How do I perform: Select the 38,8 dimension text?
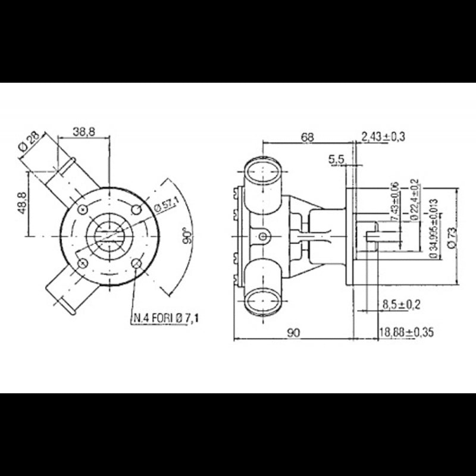pyautogui.click(x=84, y=132)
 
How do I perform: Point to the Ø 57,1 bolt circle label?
pyautogui.click(x=167, y=206)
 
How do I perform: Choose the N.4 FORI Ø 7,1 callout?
pyautogui.click(x=166, y=320)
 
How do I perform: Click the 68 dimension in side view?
pyautogui.click(x=306, y=137)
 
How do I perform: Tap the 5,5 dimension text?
pyautogui.click(x=336, y=159)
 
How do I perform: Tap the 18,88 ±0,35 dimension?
pyautogui.click(x=406, y=333)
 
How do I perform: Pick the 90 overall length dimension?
pyautogui.click(x=293, y=333)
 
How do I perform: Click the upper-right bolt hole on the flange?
pyautogui.click(x=136, y=209)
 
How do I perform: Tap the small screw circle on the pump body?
pyautogui.click(x=263, y=237)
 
